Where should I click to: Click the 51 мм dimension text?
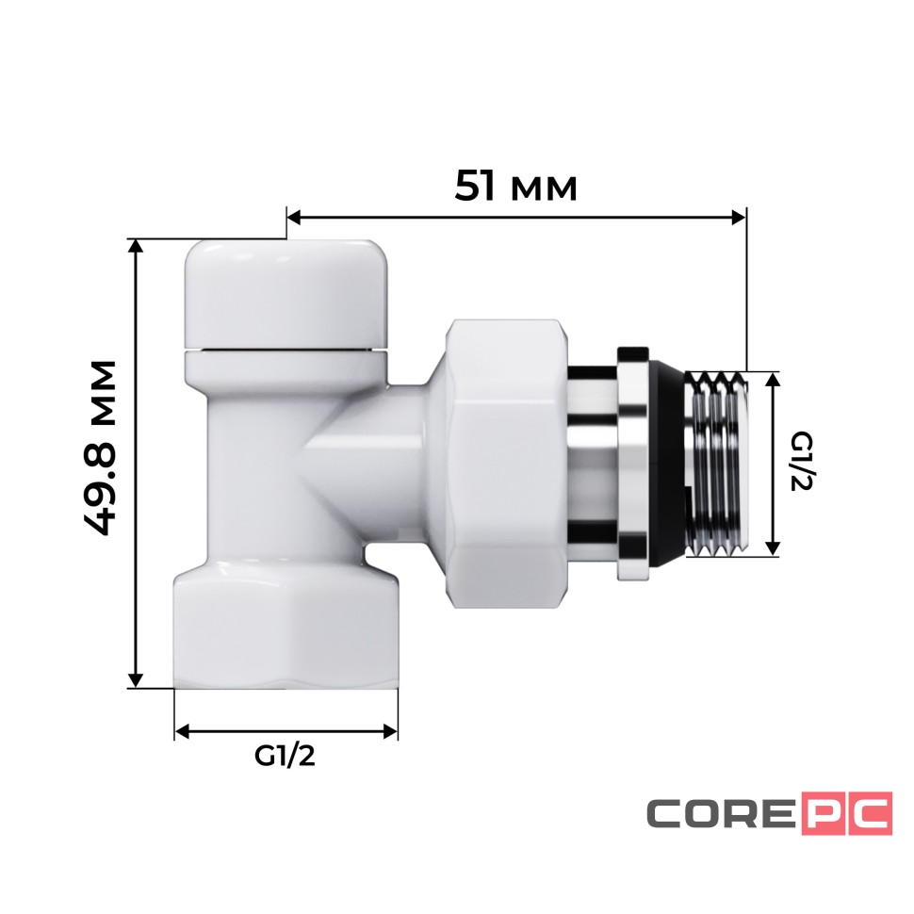coord(515,186)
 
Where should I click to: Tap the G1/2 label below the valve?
coord(285,757)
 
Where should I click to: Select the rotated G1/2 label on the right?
coord(802,462)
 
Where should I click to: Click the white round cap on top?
coord(286,292)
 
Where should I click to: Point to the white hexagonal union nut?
coord(506,462)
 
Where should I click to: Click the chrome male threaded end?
coord(718,462)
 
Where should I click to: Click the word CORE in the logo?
coord(720,814)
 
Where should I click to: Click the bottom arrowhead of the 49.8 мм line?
coord(137,679)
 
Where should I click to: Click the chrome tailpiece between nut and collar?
coord(591,462)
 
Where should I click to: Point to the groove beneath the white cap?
coord(286,351)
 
